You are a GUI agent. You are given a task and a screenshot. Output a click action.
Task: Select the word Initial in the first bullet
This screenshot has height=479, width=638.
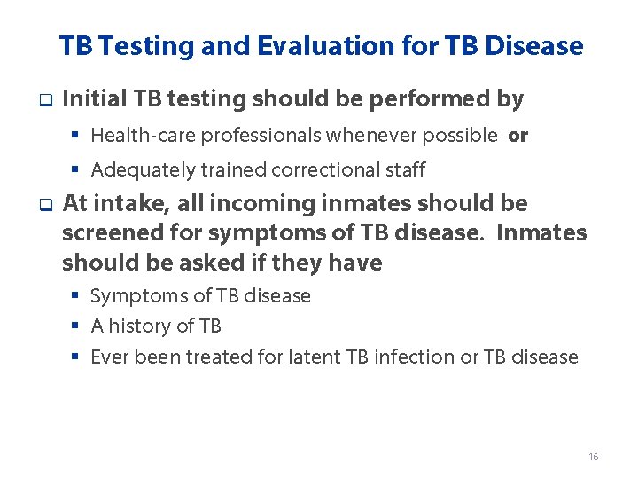click(94, 99)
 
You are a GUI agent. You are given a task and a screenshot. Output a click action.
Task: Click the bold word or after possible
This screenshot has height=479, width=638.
click(518, 136)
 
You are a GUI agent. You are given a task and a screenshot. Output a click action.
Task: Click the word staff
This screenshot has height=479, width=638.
click(405, 169)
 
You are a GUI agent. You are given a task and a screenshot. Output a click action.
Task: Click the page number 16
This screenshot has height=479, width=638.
click(593, 457)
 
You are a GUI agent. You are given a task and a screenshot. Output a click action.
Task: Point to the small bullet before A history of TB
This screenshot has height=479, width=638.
click(76, 326)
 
